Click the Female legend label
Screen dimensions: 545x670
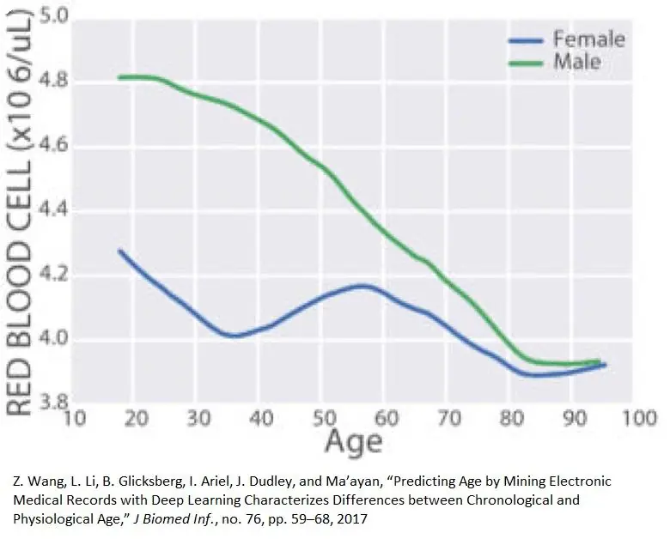[x=588, y=39]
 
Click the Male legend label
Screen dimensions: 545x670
[x=576, y=62]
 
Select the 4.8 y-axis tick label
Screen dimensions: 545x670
[x=52, y=82]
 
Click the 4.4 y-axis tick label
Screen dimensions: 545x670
[x=52, y=211]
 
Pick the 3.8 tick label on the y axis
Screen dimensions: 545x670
[x=52, y=403]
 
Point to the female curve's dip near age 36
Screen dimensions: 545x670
[x=234, y=336]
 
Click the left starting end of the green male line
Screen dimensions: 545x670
[x=119, y=77]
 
